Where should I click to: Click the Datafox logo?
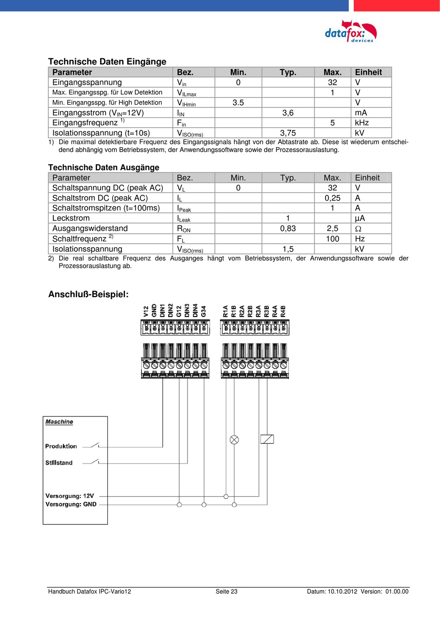coord(351,31)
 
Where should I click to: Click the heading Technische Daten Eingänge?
coord(107,62)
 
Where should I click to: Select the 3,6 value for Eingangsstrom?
coord(288,113)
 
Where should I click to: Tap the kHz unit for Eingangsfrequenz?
coord(362,123)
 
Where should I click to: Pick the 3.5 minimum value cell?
coord(238,103)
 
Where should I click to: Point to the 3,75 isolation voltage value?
coord(288,133)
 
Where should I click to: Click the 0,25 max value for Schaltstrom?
coord(332,198)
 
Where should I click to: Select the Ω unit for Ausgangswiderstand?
coord(358,229)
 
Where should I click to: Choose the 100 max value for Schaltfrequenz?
coord(332,239)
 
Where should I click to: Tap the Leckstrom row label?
coord(71,218)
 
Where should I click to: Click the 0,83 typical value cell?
coord(288,229)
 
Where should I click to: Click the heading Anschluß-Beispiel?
coord(88,294)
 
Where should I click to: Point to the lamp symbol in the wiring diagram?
coord(234,440)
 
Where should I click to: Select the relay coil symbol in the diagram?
coord(267,439)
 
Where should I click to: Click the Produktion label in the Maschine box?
coord(61,446)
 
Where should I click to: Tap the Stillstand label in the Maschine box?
coord(59,463)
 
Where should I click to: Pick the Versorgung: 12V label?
coord(69,496)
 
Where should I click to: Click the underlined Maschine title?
coord(59,422)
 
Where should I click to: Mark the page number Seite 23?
coord(226,591)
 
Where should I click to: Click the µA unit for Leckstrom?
coord(360,218)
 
